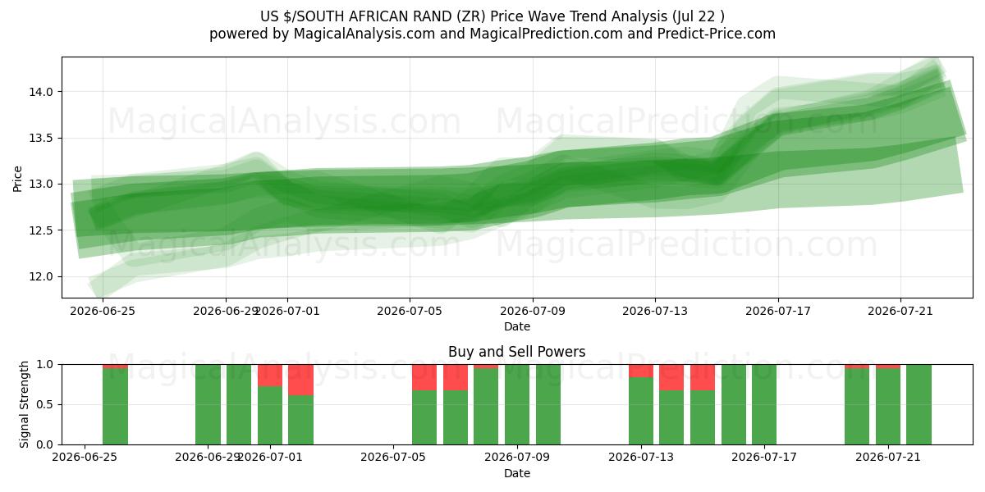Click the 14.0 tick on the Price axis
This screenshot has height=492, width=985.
click(x=41, y=92)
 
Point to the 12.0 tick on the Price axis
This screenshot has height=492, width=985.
click(x=41, y=277)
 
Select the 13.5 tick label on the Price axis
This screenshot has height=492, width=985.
click(x=41, y=139)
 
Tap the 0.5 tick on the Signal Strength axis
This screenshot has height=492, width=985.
click(x=46, y=404)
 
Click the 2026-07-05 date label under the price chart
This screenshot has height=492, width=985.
click(x=410, y=311)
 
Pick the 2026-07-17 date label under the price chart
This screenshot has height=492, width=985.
click(x=778, y=311)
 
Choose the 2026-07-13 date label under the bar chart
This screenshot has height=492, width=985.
click(x=641, y=458)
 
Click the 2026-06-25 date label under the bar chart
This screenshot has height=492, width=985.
click(x=85, y=458)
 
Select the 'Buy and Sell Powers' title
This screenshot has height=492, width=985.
click(x=516, y=352)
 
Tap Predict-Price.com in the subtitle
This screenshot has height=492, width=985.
click(x=717, y=34)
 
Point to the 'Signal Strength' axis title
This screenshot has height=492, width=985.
click(x=24, y=404)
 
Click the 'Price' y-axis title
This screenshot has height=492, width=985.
click(x=17, y=179)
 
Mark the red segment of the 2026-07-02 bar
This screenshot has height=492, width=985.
click(x=300, y=380)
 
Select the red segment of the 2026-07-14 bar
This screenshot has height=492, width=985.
click(x=671, y=377)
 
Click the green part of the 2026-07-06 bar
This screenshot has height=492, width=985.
click(x=455, y=417)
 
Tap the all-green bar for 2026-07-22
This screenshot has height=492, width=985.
click(x=919, y=404)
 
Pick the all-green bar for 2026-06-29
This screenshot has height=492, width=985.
click(x=208, y=404)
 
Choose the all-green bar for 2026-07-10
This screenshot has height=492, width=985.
click(x=548, y=404)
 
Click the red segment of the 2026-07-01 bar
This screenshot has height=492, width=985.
click(x=270, y=376)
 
